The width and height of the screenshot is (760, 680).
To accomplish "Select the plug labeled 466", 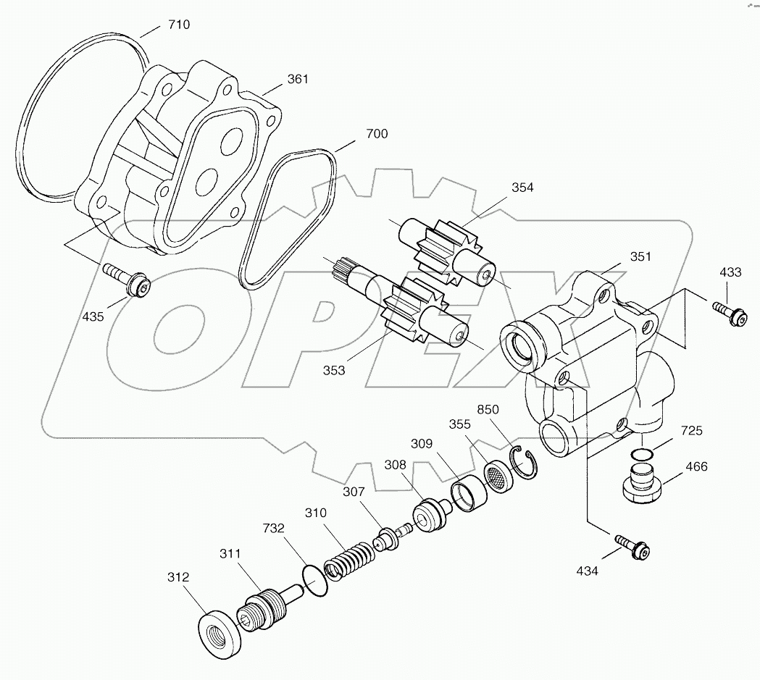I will pos(641,485).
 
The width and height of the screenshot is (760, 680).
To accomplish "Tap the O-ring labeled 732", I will pos(314,581).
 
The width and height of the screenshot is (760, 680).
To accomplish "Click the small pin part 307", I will pos(389,538).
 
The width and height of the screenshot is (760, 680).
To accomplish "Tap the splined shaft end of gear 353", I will pos(341,272).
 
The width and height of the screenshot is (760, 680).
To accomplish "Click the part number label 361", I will pos(297,79).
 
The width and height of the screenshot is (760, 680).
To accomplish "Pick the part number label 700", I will pos(376,133).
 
